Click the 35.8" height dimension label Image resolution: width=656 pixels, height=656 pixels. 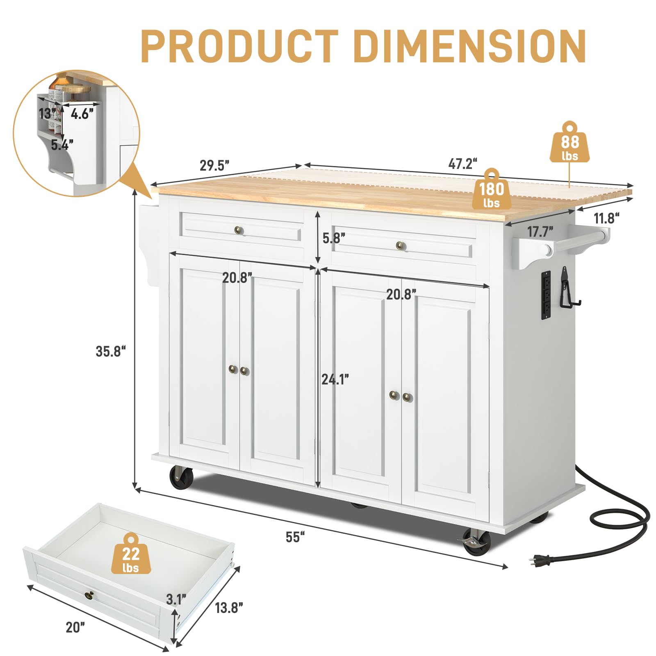pos(110,351)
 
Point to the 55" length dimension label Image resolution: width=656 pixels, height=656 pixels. pos(295,537)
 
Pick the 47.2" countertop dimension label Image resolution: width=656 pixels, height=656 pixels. pos(463,164)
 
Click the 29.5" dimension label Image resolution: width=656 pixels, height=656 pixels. pos(214,166)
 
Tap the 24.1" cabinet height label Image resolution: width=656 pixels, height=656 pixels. pos(335,380)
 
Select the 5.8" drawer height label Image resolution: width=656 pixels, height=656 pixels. pos(334,238)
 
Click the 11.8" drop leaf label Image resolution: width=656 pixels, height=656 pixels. pos(606,218)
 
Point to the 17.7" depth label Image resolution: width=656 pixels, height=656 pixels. pos(540,232)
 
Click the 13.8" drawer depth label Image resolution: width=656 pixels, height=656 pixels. pos(229,607)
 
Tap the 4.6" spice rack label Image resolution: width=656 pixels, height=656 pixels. pos(82,114)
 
